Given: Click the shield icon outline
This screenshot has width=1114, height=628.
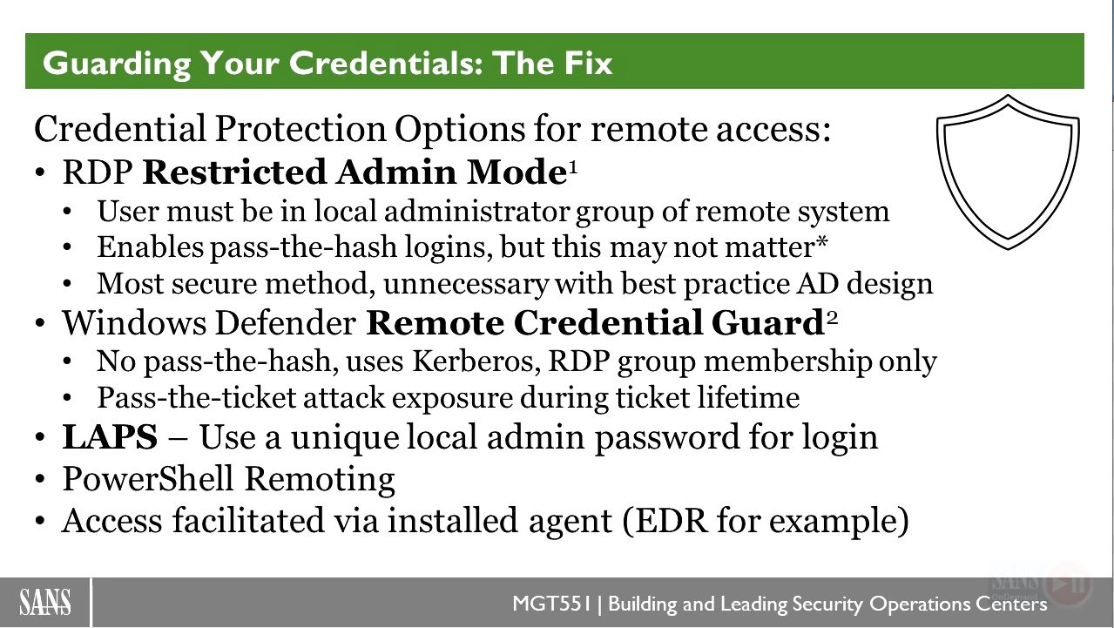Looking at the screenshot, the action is (x=940, y=172).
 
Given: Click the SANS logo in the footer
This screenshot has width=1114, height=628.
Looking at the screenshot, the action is (x=44, y=603).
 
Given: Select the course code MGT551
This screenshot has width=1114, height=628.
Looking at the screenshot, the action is (x=551, y=604).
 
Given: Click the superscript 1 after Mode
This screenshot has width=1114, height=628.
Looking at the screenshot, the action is (x=572, y=170).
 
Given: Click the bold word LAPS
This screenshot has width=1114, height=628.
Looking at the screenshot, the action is (x=110, y=437).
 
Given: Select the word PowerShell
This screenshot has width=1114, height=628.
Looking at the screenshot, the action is (x=148, y=479).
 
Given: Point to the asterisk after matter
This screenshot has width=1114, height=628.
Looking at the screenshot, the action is (x=821, y=242).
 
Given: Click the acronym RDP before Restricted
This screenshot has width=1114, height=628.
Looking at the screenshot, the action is (x=98, y=172).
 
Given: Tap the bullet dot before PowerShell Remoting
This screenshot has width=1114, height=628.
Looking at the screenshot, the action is (x=40, y=480).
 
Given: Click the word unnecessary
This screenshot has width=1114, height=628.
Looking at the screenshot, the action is (x=465, y=284).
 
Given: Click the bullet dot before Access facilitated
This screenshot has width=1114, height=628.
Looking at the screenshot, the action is (x=40, y=522).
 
